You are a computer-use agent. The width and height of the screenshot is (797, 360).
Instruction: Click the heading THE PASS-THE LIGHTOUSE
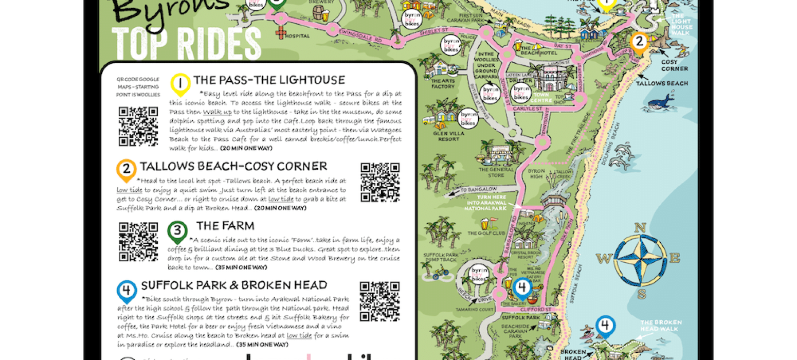(269, 80)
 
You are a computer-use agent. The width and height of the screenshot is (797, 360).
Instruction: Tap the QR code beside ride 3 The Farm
(138, 241)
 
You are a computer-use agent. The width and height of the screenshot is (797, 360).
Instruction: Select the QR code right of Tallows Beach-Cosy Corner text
(379, 182)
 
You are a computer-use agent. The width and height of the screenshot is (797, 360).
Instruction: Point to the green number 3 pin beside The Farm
(177, 231)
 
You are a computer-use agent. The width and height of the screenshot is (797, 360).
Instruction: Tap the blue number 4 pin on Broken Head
(606, 326)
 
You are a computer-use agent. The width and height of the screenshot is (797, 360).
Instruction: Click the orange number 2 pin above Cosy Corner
(639, 43)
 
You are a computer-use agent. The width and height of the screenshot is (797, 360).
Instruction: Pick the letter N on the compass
(640, 227)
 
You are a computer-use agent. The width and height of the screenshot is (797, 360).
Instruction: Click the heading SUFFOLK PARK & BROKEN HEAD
(234, 285)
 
